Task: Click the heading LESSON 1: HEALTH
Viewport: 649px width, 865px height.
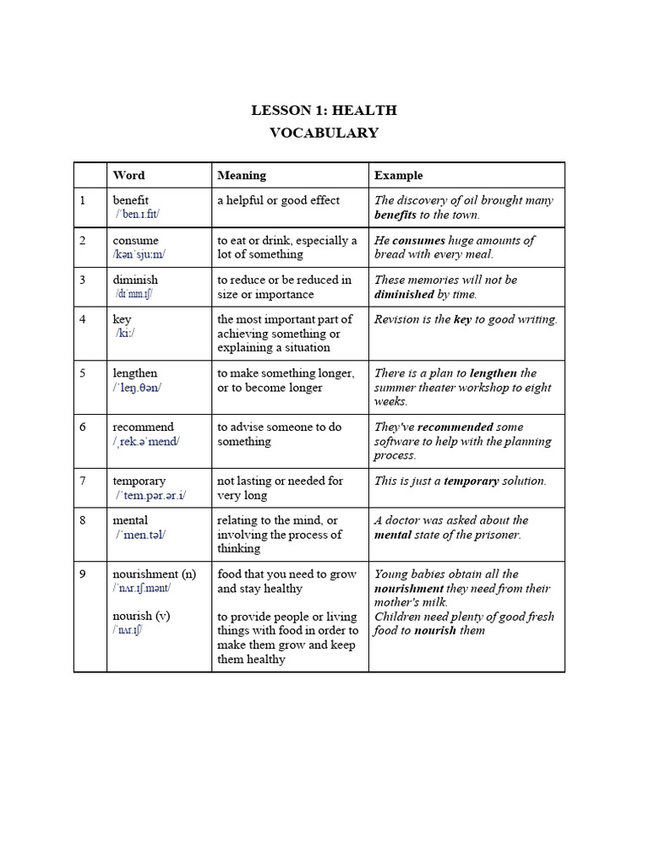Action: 324,111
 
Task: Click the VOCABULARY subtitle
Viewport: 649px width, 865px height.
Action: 324,133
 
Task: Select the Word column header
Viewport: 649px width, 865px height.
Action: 128,176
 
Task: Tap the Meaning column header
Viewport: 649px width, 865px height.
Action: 242,176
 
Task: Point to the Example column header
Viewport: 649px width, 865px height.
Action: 399,176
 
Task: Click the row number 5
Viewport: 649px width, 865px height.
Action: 84,373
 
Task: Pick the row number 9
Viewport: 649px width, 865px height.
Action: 84,574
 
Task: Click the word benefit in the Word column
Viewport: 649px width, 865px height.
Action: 131,200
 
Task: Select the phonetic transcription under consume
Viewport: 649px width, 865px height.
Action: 141,254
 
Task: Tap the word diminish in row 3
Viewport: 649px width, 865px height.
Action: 135,280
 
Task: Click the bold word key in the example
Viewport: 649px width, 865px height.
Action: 462,319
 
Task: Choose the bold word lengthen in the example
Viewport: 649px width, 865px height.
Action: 493,373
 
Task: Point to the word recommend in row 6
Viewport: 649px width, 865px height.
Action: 143,427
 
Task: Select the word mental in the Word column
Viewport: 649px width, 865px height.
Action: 130,520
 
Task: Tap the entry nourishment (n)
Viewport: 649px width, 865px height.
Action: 154,574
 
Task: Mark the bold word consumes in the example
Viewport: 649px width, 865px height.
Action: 419,241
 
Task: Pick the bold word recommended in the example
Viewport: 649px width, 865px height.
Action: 455,427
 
